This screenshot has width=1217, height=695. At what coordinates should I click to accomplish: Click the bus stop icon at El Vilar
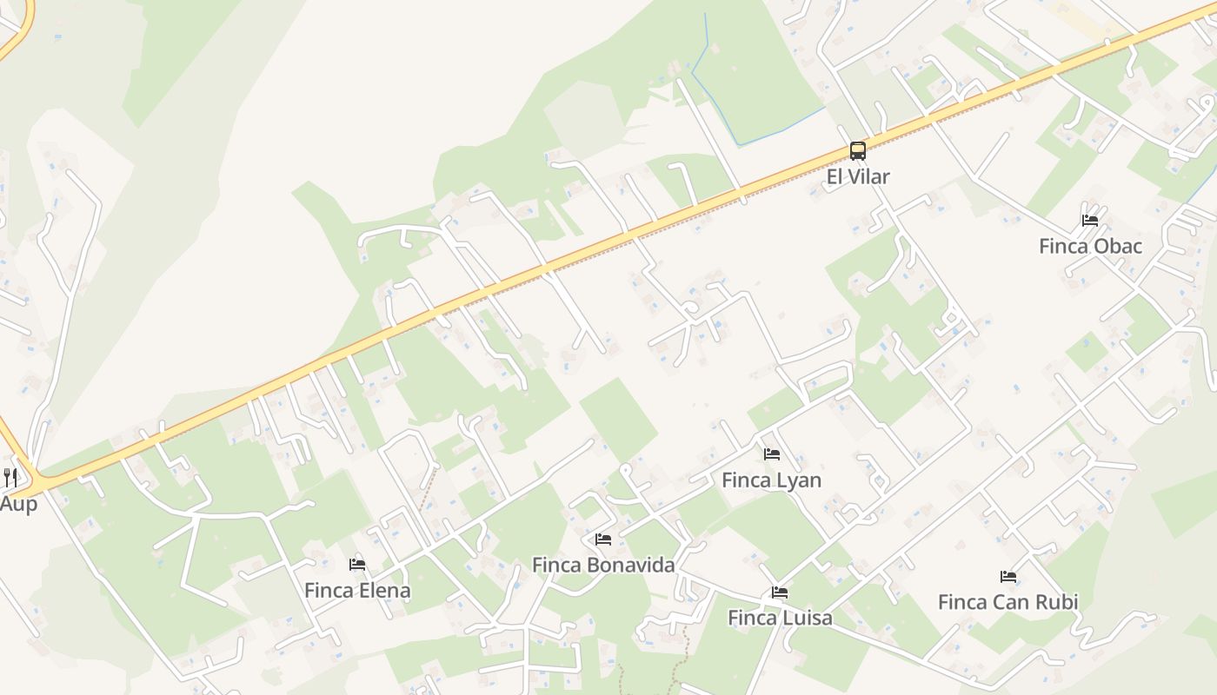pos(858,151)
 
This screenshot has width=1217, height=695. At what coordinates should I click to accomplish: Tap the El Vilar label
pos(858,177)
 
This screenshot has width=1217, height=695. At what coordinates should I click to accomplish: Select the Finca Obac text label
pos(1090,247)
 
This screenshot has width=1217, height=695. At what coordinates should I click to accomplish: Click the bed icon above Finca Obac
pos(1090,221)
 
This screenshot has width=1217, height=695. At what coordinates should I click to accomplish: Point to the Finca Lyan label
pos(771,480)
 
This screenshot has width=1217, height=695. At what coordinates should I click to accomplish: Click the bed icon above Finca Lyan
pos(771,454)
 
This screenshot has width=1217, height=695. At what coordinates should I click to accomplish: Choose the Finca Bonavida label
pos(603,566)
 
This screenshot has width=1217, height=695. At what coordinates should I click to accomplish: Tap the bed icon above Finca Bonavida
pos(603,539)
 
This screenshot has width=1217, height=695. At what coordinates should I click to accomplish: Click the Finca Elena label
pos(357,591)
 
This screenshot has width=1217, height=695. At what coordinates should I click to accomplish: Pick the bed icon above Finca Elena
pos(357,565)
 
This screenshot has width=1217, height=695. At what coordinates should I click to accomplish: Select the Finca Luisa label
pos(780,619)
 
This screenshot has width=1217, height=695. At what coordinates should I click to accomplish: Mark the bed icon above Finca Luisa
pos(780,592)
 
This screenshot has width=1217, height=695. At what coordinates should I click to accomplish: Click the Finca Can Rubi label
pos(1008,602)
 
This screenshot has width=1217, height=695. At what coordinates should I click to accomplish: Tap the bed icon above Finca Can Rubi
pos(1008,576)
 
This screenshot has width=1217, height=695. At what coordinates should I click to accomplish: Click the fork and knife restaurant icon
pos(10,477)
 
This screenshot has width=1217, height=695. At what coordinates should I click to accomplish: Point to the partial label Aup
pos(18,505)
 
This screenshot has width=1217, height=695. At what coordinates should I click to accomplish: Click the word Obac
pos(1117,247)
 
